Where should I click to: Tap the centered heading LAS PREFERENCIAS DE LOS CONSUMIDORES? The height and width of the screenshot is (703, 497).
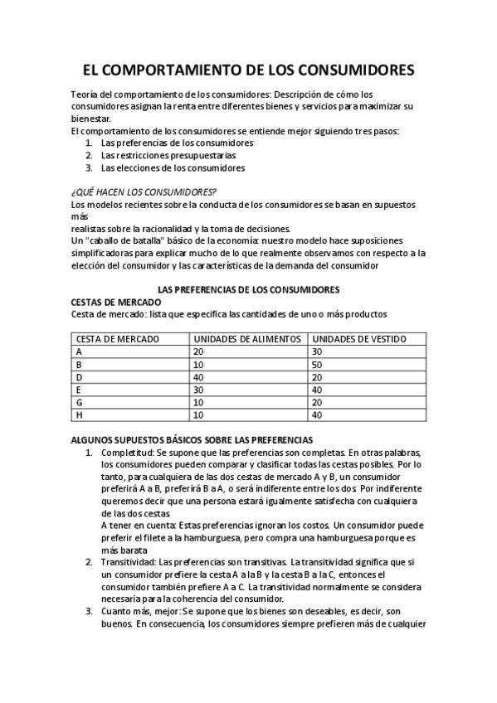[x=248, y=289]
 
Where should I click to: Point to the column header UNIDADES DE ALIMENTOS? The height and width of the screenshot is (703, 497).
[x=236, y=338]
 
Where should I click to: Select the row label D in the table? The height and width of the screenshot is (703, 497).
[x=79, y=377]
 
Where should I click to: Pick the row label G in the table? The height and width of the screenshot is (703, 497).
[x=79, y=402]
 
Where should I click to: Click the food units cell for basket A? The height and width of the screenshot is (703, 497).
[x=199, y=351]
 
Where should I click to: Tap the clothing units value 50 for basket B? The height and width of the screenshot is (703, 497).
[x=317, y=364]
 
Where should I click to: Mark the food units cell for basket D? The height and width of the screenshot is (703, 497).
[x=199, y=377]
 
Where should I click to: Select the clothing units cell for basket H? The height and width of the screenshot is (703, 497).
[x=317, y=415]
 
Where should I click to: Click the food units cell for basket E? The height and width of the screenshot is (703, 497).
[x=199, y=390]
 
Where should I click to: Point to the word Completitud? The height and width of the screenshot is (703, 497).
[x=127, y=452]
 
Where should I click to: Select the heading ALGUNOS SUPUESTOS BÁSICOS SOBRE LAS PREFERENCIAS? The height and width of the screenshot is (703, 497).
[x=192, y=439]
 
